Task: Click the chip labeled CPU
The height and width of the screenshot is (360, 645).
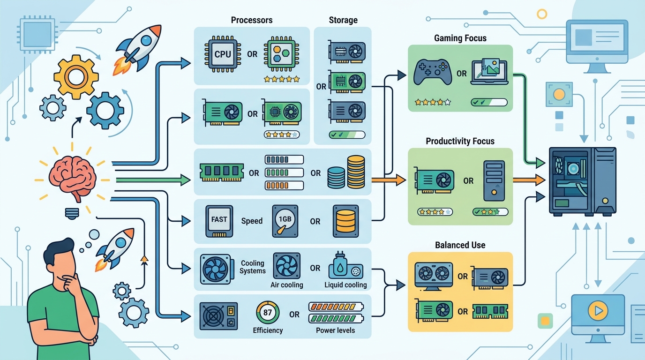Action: tap(223, 54)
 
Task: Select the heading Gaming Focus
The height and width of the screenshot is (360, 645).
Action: tap(460, 38)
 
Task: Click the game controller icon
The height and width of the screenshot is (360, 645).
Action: tap(433, 72)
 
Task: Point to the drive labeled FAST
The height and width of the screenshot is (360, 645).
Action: tap(219, 221)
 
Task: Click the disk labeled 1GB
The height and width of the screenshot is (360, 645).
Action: tap(285, 221)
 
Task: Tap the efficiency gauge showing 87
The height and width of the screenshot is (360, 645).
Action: tap(268, 313)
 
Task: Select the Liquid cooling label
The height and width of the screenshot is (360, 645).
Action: tap(345, 285)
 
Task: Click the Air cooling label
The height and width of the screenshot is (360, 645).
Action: tap(287, 285)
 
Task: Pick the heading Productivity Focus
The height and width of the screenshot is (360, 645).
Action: tap(460, 141)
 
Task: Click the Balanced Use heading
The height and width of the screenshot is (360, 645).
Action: tap(460, 245)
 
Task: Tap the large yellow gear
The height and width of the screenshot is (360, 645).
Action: tap(76, 77)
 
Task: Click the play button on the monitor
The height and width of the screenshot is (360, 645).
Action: tap(598, 310)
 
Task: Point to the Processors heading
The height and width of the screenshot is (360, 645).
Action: tap(252, 20)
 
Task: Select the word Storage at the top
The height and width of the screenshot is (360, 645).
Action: tap(343, 20)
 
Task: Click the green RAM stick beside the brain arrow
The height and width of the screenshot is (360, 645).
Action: tap(221, 172)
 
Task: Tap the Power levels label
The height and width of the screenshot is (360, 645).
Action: tap(336, 330)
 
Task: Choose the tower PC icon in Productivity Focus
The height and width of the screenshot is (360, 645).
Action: tap(494, 181)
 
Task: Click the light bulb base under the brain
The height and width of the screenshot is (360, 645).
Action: tap(72, 213)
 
